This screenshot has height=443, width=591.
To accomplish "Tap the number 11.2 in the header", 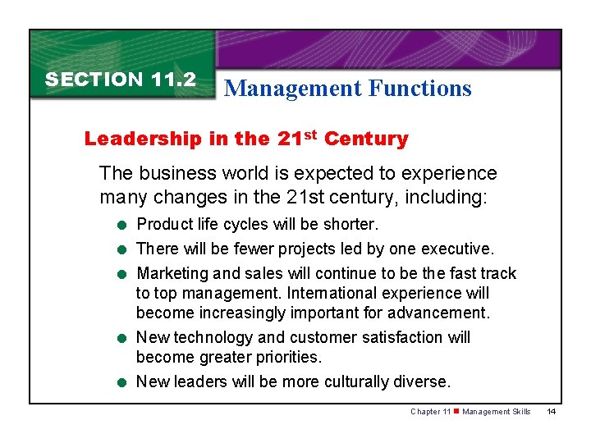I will (173, 80).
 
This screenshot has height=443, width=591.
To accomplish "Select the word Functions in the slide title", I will (420, 89).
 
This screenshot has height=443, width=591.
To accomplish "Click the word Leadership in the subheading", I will (134, 139).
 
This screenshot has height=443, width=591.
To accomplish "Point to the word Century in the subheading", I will (366, 139).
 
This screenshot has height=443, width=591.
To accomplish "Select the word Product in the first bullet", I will (164, 224).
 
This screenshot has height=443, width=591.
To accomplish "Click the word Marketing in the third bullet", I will (172, 273).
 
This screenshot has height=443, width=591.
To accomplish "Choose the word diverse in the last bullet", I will (424, 381).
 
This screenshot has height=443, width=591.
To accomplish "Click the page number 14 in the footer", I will (551, 412).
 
